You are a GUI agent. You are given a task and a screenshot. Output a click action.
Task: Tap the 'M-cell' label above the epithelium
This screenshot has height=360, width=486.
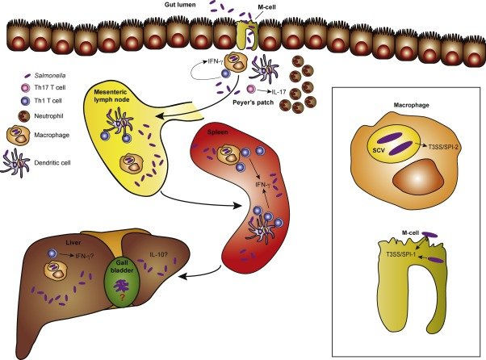257,7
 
